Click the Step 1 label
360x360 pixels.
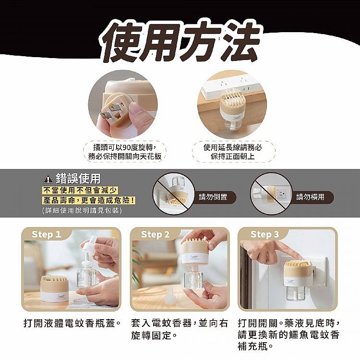pos(47,234)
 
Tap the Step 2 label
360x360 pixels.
pos(155,234)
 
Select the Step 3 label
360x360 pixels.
pos(264,234)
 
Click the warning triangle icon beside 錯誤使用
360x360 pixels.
pos(48,179)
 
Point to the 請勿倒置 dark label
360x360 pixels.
pos(213,197)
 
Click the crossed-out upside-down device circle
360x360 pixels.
pos(174,194)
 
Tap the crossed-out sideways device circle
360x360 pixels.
pos(271,194)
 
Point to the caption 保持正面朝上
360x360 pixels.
pos(233,156)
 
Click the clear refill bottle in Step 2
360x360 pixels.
pos(193,276)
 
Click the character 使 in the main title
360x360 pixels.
pos(122,42)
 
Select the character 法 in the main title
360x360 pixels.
pos(241,42)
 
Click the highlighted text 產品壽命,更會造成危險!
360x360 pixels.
pos(89,201)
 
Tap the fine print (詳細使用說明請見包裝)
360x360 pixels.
pos(82,210)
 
